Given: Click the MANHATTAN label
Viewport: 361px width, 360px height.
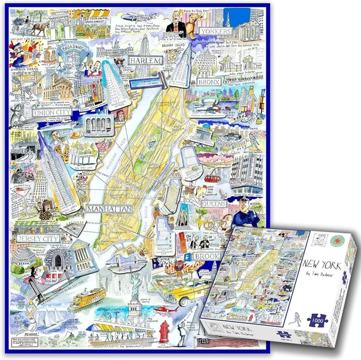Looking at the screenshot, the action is pos(109,209).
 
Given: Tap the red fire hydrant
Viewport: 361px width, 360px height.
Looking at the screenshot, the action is pos(164,329).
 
